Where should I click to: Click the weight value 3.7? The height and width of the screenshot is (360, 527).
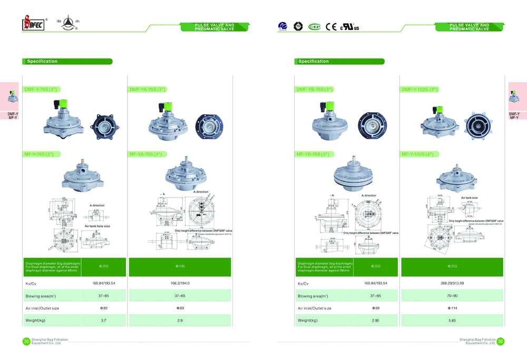[103, 320]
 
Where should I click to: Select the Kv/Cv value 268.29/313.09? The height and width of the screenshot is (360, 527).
[452, 283]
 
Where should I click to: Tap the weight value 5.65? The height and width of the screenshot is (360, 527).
[452, 320]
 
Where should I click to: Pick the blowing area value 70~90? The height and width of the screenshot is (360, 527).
[452, 296]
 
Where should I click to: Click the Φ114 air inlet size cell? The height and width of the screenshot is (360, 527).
[452, 308]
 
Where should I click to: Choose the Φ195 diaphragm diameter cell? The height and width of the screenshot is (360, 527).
[180, 267]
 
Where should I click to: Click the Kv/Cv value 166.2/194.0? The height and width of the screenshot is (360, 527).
[180, 283]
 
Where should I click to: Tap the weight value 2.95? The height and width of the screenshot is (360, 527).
[375, 320]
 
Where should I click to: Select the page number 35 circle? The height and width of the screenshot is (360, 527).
[26, 342]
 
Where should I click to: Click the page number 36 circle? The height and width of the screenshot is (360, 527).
[501, 342]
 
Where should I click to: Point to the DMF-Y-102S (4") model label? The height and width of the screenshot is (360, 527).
[420, 90]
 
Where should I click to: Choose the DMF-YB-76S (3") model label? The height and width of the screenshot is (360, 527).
[315, 90]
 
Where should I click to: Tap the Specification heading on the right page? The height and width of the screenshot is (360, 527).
[314, 62]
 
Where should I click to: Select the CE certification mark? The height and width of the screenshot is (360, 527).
[331, 26]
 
